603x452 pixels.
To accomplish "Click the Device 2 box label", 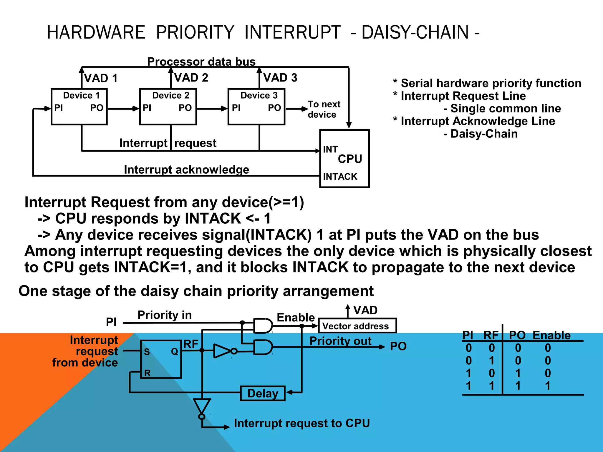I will (170, 95).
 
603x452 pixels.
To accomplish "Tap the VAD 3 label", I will (280, 78).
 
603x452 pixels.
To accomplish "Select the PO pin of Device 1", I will (97, 108).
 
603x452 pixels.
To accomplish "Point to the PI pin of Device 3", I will (236, 108).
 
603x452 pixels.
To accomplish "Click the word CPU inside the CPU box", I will (350, 159).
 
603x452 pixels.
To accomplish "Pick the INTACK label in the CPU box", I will (340, 177).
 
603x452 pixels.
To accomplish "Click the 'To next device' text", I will (324, 109).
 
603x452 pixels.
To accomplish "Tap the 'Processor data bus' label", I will (201, 62).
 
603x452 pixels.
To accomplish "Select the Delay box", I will (263, 393).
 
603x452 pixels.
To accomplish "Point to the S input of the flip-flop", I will (147, 352).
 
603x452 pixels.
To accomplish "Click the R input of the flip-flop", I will (147, 373).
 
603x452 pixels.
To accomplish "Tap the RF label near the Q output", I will (191, 344).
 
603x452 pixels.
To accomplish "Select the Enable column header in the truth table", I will (551, 335).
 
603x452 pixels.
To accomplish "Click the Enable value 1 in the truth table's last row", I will (547, 385).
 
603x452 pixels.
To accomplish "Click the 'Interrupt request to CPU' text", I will (302, 423).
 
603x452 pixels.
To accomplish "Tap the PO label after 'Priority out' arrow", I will (398, 346).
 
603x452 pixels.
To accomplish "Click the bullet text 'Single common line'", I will (506, 109).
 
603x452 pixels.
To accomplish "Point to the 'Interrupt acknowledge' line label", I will (186, 169).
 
